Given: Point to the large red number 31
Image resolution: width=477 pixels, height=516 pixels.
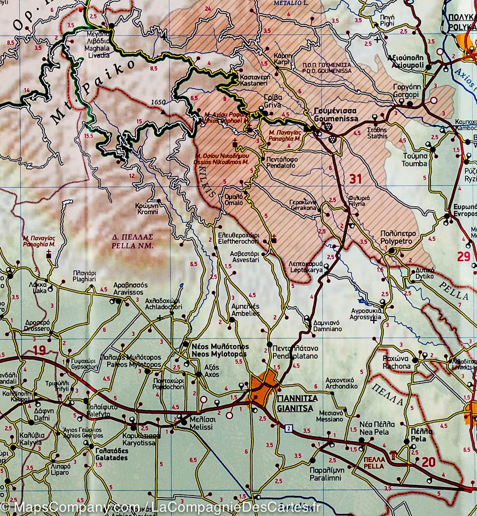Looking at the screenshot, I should (355, 178).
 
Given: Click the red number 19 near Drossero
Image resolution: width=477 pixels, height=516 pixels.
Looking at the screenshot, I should (39, 350).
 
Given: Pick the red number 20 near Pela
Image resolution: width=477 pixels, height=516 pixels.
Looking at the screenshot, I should (428, 462).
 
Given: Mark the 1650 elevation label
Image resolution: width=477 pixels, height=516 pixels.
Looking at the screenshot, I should (158, 102).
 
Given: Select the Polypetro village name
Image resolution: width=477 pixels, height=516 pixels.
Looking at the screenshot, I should (398, 237).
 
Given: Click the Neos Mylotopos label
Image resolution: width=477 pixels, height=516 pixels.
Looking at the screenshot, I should (220, 350).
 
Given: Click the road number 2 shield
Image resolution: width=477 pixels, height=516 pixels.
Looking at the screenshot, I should (288, 427).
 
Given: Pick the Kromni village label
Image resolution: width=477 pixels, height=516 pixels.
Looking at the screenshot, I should (148, 209).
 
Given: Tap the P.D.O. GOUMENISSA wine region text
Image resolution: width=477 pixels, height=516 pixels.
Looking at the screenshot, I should (326, 68).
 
